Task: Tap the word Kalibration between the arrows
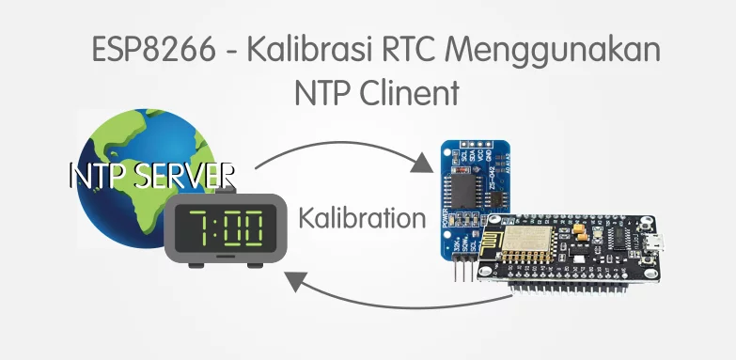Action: click(362, 218)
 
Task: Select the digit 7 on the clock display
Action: click(198, 227)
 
